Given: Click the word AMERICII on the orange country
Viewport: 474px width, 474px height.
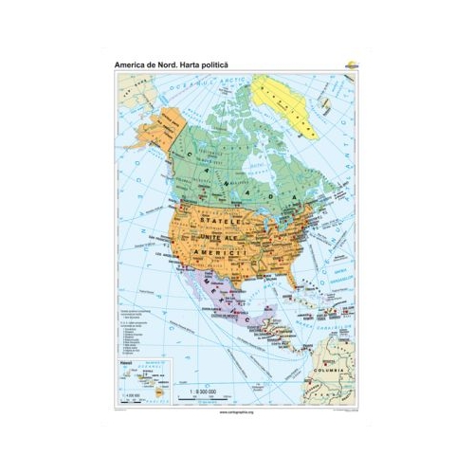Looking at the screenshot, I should click(x=217, y=256).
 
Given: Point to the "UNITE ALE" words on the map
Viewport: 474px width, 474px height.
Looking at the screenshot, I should click(x=222, y=236).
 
